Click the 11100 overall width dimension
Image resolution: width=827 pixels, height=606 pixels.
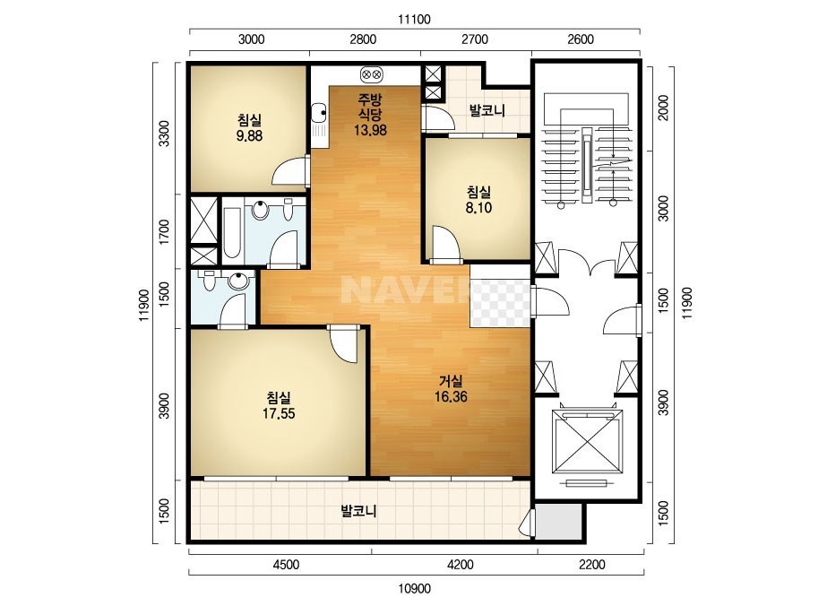(414, 20)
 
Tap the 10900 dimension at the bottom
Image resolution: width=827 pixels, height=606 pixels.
(415, 589)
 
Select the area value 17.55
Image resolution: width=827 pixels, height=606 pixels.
(279, 413)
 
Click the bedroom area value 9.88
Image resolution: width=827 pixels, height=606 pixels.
(249, 135)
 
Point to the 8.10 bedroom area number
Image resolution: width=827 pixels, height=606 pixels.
(478, 208)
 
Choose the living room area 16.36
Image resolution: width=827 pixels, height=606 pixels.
(451, 396)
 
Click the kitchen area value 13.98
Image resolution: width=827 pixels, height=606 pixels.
(370, 129)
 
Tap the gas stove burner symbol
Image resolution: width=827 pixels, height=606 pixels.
(371, 74)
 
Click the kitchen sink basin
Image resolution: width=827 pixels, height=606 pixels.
(319, 113)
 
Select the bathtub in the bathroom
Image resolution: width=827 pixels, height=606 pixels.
(232, 233)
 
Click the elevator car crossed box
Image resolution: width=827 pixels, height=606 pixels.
(586, 441)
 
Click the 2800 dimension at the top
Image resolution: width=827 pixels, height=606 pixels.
(364, 39)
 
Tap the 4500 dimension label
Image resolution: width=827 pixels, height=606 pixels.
(287, 565)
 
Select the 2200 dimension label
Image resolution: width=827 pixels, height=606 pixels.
(591, 565)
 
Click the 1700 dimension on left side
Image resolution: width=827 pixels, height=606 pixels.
(165, 231)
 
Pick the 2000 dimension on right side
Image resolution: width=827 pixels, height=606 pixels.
(664, 108)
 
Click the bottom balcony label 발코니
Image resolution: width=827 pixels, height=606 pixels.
(358, 511)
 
